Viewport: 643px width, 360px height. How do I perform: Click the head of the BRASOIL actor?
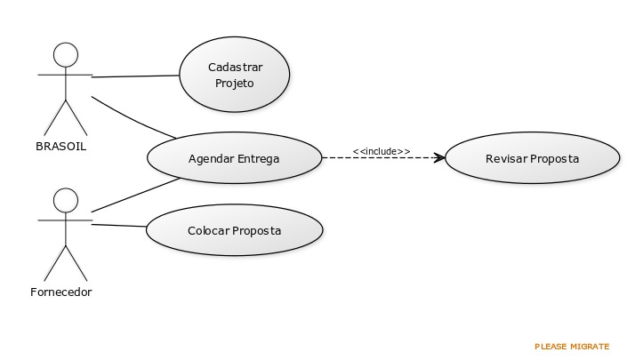(66, 54)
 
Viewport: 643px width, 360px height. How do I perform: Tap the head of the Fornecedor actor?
(66, 200)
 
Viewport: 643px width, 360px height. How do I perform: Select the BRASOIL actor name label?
(61, 147)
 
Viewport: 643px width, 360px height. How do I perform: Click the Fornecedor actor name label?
(61, 292)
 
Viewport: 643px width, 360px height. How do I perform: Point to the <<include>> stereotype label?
(382, 151)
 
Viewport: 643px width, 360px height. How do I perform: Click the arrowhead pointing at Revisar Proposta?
(440, 157)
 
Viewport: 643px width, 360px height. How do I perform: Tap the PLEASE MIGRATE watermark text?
(572, 347)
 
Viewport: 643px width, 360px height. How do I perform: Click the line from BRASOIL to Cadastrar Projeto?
(135, 76)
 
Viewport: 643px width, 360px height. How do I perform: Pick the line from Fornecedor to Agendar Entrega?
(136, 196)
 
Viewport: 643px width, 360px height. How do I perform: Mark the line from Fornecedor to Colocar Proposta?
(119, 226)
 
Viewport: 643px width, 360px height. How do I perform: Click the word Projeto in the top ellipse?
(235, 84)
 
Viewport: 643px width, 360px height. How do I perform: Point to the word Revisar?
(506, 159)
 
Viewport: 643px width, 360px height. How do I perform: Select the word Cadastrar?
(236, 67)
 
